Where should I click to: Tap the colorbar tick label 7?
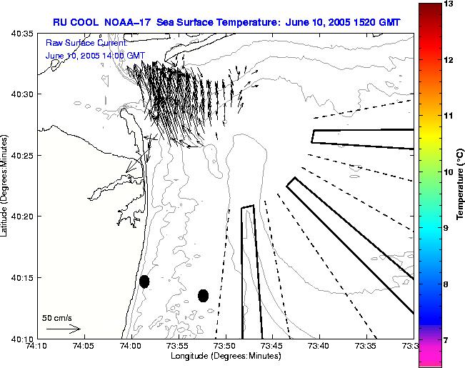[x=447, y=340]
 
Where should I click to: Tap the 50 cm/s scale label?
[x=56, y=318]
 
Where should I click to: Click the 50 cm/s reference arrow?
[x=64, y=329]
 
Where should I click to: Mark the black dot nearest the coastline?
[x=144, y=282]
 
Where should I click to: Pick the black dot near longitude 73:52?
[x=203, y=295]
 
